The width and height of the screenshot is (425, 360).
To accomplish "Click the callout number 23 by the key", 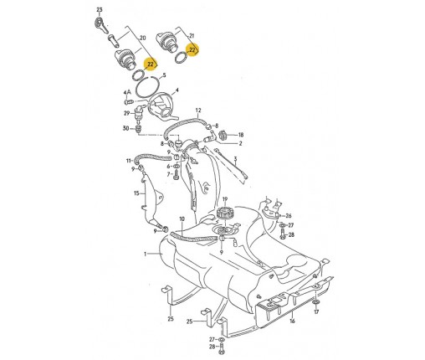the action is tap(100, 10).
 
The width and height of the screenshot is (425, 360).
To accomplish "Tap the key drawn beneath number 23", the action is tap(101, 25).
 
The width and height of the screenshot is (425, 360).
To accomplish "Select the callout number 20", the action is tap(143, 38).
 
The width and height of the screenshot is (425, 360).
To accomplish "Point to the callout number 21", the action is tap(192, 36).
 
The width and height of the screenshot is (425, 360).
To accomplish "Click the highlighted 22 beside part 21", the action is tap(192, 50).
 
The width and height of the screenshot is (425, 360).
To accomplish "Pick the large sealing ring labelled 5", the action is tap(147, 87).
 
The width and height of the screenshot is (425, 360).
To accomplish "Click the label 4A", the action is tap(127, 92).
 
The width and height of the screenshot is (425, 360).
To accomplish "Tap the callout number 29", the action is tap(127, 113).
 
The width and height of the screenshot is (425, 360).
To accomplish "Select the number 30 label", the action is tap(126, 128).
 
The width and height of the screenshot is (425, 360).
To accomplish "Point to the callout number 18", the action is tap(240, 135).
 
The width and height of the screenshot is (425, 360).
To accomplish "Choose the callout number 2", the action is tap(240, 143).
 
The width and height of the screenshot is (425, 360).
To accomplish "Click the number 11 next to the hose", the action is tap(129, 161).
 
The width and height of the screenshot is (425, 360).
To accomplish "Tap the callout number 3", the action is tap(235, 159).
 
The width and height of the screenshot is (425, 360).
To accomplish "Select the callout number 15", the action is tap(136, 193).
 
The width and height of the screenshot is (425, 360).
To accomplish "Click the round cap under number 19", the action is tap(225, 213).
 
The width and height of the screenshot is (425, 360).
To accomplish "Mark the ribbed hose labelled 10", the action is tap(194, 237).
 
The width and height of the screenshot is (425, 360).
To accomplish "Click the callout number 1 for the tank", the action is tap(145, 254).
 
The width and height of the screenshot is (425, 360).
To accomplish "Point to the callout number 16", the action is tap(292, 321).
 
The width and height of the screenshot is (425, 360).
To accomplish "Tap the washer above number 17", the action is tap(316, 302).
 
